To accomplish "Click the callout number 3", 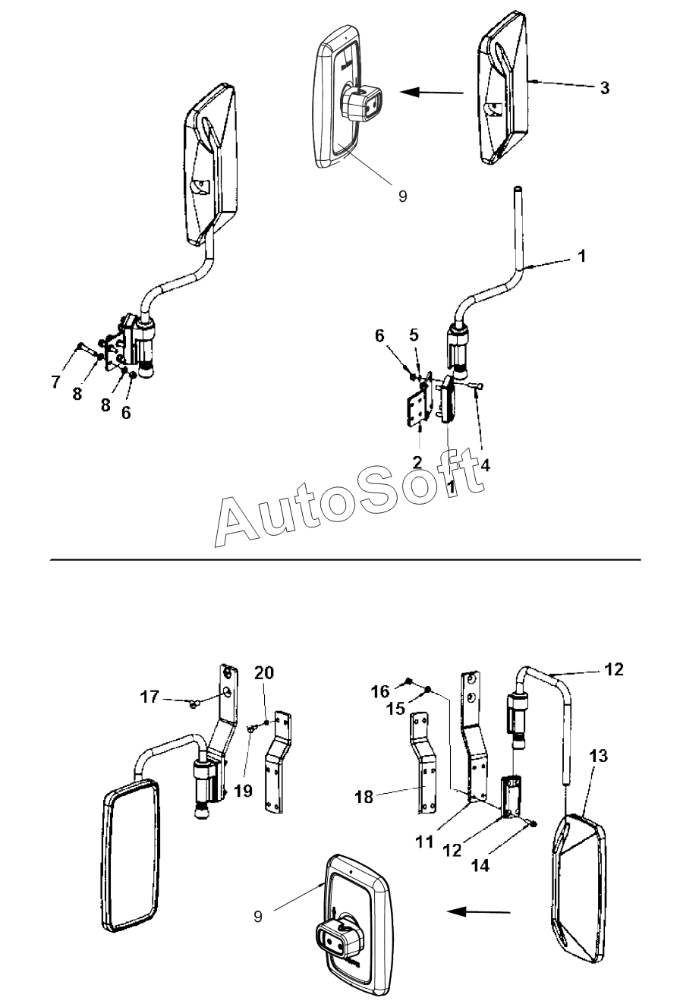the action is (604, 88).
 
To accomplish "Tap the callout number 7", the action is (55, 382).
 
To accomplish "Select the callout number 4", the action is (485, 465).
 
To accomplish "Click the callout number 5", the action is (414, 335).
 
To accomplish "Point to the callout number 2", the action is (417, 462).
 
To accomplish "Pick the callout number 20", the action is (264, 673).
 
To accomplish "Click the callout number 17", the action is (150, 697).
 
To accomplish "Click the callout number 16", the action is (380, 691).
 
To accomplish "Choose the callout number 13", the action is (599, 756).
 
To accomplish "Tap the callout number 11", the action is (424, 842).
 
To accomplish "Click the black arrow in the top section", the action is (432, 93).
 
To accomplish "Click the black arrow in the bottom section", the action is (479, 911).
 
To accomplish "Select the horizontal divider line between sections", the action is (345, 560).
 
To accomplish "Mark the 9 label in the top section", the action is (402, 197).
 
